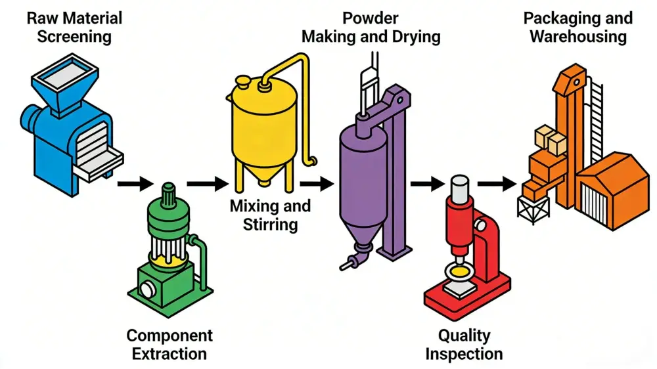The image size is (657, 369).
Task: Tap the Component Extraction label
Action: coord(170,344)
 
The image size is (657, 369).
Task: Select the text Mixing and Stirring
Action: coord(270,215)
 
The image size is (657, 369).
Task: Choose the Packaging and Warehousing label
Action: coord(578,26)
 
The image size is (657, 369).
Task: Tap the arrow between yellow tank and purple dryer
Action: coord(317,185)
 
